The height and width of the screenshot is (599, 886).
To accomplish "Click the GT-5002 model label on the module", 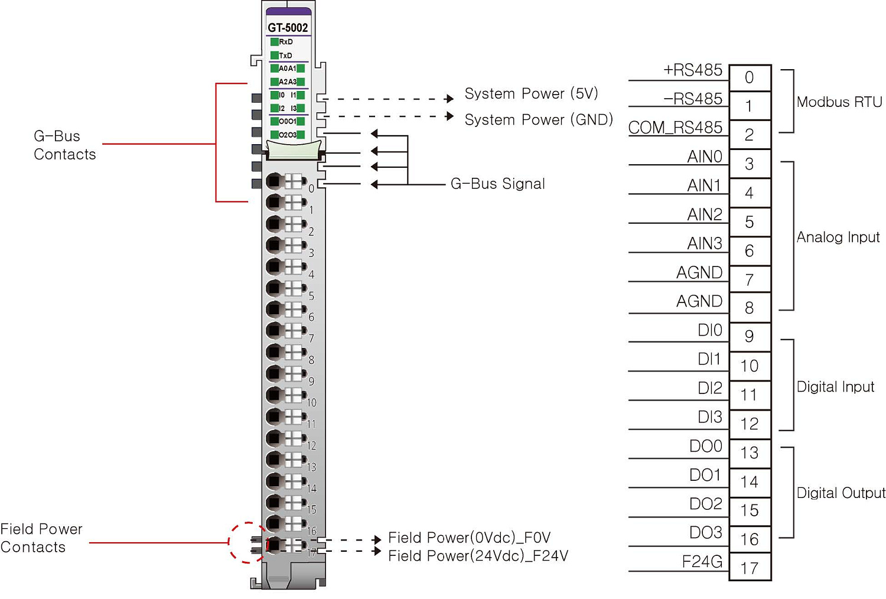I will click(288, 28).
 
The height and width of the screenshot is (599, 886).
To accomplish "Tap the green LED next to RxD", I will click(275, 42).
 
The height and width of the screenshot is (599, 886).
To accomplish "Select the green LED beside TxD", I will click(275, 56).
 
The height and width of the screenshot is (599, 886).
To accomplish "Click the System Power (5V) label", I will click(531, 94).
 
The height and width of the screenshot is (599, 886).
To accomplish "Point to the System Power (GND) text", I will click(538, 120).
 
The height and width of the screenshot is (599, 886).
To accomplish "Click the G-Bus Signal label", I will click(497, 184).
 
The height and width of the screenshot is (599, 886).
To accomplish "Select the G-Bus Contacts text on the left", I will click(64, 145).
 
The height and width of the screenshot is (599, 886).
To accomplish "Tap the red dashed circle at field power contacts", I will click(248, 542).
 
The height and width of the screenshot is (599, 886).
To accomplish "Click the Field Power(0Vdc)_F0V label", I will click(469, 538).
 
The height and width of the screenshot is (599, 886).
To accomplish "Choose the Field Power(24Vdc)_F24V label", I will click(478, 556).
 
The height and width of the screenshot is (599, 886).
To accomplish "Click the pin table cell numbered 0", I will click(750, 77).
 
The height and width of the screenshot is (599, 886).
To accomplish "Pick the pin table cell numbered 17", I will click(750, 568).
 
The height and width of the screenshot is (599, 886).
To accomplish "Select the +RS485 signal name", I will click(692, 70).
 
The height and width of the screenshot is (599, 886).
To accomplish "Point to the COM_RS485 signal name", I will click(675, 128).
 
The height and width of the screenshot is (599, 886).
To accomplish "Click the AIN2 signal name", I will click(705, 214).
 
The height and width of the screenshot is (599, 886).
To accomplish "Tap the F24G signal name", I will click(702, 561).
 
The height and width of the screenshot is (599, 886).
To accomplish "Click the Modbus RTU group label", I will click(839, 102).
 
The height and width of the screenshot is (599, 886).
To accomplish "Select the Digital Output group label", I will click(841, 493).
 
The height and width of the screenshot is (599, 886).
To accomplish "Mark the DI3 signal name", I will click(709, 417).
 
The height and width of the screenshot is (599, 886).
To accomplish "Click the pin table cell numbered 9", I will click(750, 337).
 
